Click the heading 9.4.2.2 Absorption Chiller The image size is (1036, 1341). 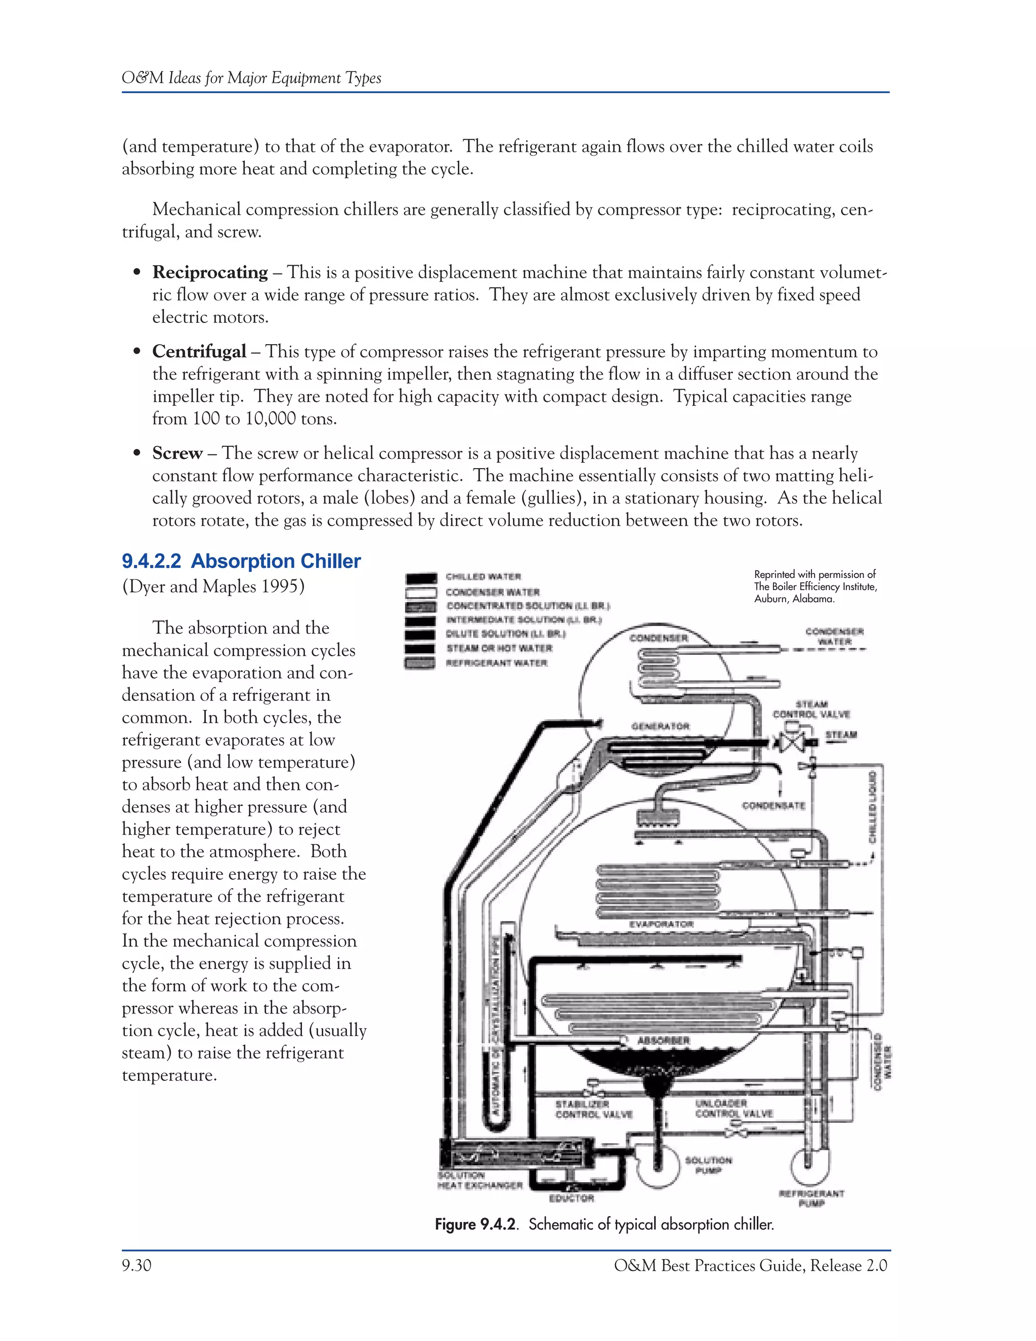[241, 561]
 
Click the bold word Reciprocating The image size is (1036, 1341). [210, 272]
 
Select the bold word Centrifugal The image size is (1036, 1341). [199, 351]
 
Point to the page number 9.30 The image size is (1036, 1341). [136, 1266]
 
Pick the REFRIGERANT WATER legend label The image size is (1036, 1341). [496, 663]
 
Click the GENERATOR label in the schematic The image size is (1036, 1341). [660, 726]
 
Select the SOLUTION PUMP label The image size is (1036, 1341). [708, 1165]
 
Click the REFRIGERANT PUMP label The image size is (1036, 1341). [811, 1198]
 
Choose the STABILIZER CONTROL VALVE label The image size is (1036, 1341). [593, 1109]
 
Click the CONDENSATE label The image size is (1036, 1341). [773, 805]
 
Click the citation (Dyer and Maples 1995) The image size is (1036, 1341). [213, 586]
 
